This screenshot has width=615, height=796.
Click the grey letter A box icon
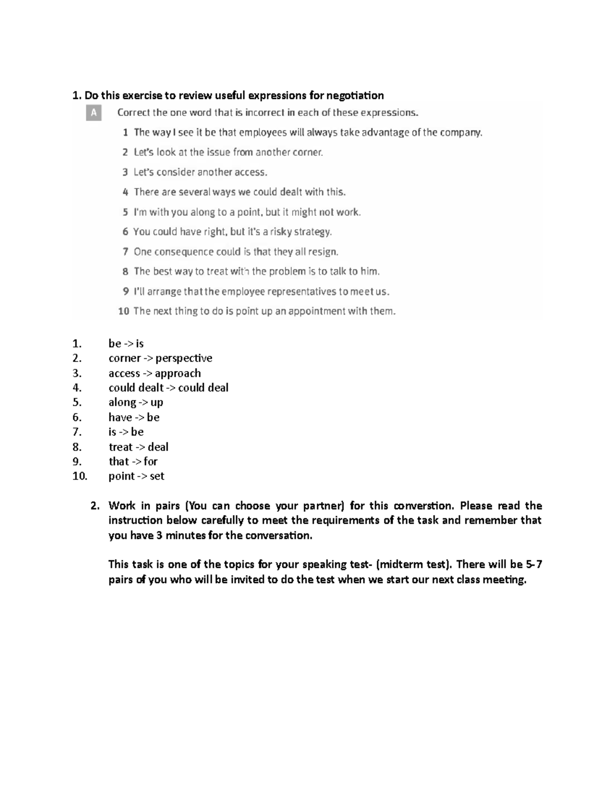point(94,113)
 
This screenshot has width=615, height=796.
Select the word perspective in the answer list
point(184,358)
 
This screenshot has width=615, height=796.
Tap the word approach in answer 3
point(178,373)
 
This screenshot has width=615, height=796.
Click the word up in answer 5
point(157,402)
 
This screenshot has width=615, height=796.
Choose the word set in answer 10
point(157,476)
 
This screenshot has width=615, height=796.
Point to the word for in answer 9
point(151,461)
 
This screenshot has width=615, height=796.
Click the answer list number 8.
point(77,447)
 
